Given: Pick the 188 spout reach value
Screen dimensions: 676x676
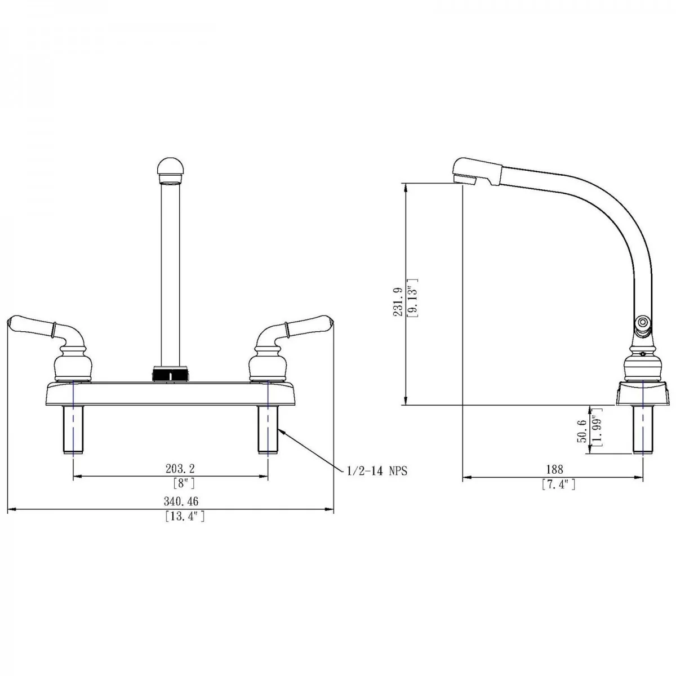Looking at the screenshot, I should [x=554, y=469].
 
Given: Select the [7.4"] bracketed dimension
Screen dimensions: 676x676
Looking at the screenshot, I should [x=558, y=483].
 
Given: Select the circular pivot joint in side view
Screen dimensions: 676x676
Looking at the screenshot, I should [x=642, y=323].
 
